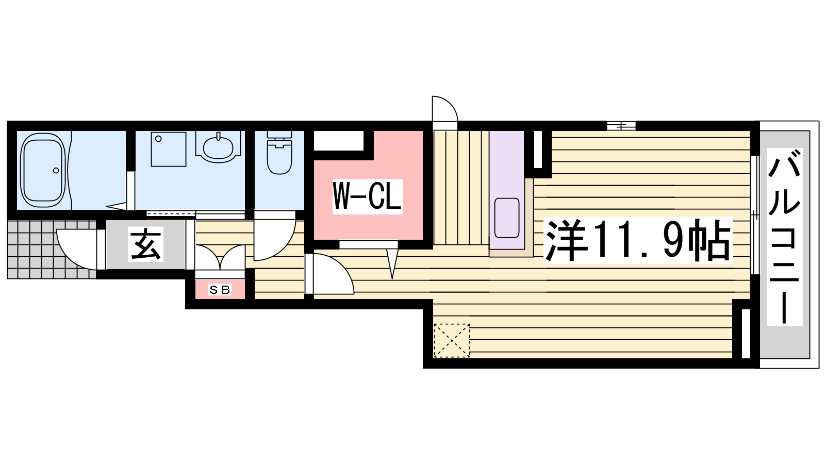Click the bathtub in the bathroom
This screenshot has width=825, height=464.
pyautogui.click(x=43, y=171)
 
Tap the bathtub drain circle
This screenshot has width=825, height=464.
pyautogui.click(x=56, y=171)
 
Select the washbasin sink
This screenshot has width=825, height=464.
pyautogui.click(x=219, y=147)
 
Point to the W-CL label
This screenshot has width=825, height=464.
pyautogui.click(x=367, y=196)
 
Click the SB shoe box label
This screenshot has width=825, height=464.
pyautogui.click(x=220, y=290)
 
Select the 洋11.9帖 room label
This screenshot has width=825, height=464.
pyautogui.click(x=638, y=241)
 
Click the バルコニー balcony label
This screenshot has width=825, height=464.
pyautogui.click(x=784, y=237)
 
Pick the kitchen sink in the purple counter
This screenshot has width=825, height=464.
pyautogui.click(x=507, y=218)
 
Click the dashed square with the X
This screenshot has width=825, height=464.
pyautogui.click(x=452, y=341)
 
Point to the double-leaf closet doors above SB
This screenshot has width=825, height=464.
pyautogui.click(x=220, y=257)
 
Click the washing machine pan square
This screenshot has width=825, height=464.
pyautogui.click(x=169, y=149)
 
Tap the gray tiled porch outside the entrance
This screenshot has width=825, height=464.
pyautogui.click(x=52, y=250)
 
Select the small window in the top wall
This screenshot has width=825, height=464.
pyautogui.click(x=621, y=126)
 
